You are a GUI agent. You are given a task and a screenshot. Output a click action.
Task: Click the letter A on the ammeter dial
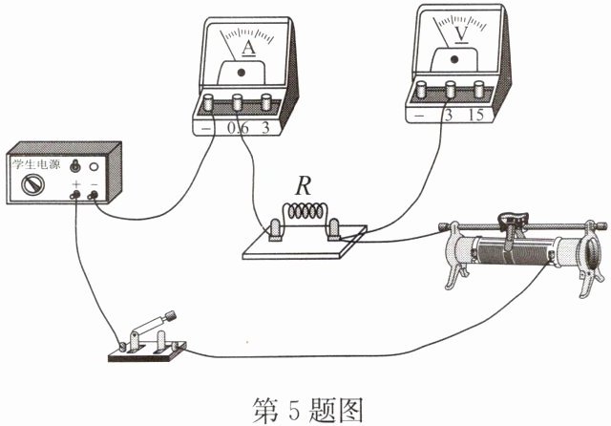click(248, 48)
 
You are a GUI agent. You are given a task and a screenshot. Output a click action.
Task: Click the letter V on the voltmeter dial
click(461, 33)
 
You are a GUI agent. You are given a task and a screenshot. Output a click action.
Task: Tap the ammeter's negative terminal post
click(208, 102)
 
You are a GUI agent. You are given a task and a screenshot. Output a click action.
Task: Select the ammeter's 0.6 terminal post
click(238, 102)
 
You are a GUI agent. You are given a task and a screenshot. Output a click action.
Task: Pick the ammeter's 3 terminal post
click(266, 102)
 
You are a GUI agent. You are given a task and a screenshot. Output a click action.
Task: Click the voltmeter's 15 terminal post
click(478, 89)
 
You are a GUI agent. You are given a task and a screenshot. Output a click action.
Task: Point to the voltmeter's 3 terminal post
click(451, 89)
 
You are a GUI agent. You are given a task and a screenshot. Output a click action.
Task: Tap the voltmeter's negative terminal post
click(421, 89)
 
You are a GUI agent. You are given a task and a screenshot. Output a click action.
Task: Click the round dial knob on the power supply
click(32, 184)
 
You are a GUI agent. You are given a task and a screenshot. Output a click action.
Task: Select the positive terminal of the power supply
click(74, 195)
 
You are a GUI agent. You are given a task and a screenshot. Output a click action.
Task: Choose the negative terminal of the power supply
click(94, 195)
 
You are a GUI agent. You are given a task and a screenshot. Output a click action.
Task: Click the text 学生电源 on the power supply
click(36, 164)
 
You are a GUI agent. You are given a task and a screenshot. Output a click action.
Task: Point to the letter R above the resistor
click(304, 186)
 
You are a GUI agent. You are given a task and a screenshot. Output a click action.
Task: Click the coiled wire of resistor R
click(305, 212)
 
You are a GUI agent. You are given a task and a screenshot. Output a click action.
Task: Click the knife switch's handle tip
click(171, 316)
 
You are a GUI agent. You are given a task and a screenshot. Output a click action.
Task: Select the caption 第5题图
click(307, 410)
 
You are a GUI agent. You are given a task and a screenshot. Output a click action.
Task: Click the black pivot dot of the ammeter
click(242, 72)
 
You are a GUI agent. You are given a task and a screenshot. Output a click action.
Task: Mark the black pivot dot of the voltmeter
click(454, 59)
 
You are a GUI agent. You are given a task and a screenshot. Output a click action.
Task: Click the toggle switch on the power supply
click(74, 166)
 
